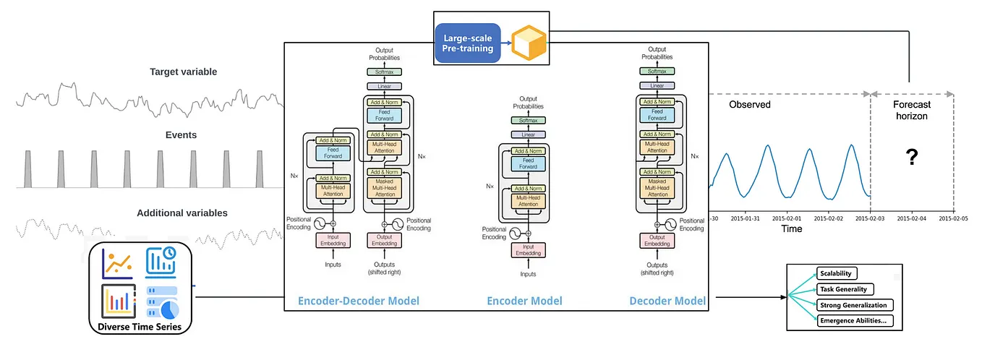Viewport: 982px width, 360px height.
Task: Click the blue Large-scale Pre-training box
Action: [467, 42]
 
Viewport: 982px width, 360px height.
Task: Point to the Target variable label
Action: [183, 72]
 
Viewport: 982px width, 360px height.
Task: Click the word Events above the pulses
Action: [181, 134]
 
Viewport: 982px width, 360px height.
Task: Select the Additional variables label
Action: [182, 213]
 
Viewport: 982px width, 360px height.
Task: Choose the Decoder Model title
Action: [667, 301]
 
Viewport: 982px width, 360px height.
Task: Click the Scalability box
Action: [837, 273]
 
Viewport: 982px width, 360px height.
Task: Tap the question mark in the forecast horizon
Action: [912, 156]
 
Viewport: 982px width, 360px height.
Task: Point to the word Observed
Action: [749, 104]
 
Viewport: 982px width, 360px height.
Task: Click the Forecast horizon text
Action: [911, 110]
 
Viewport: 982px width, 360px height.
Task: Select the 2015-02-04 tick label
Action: [910, 218]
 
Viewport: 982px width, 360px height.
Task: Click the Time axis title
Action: [791, 228]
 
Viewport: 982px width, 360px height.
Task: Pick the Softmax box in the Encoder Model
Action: [528, 120]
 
